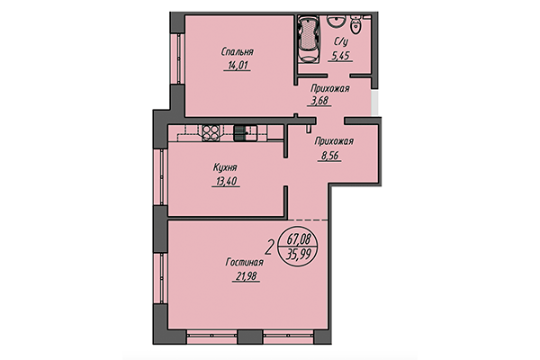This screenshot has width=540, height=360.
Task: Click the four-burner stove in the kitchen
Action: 211,132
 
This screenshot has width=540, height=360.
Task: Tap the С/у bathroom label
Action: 341,41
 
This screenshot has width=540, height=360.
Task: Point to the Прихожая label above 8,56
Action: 333,141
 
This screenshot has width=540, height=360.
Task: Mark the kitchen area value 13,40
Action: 225,181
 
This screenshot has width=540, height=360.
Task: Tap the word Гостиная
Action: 244,261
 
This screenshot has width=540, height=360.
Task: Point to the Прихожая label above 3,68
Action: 329,88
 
